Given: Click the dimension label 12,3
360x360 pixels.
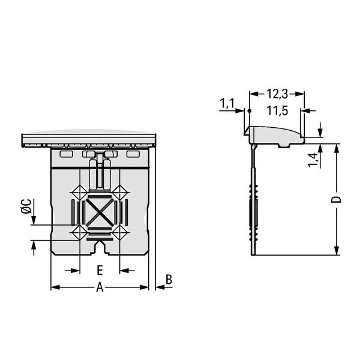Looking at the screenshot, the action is pyautogui.click(x=277, y=94).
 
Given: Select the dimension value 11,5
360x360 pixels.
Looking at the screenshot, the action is pyautogui.click(x=277, y=111).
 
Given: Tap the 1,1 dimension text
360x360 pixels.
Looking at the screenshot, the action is pyautogui.click(x=227, y=103).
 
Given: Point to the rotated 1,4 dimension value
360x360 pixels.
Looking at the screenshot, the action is pyautogui.click(x=313, y=160).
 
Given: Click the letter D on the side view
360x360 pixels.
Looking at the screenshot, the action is pyautogui.click(x=336, y=199).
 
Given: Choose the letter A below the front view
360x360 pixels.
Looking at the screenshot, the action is pyautogui.click(x=100, y=287).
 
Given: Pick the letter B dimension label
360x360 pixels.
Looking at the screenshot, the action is pyautogui.click(x=169, y=280).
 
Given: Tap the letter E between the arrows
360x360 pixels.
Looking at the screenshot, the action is pyautogui.click(x=100, y=270).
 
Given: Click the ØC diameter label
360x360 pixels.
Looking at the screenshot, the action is pyautogui.click(x=26, y=206).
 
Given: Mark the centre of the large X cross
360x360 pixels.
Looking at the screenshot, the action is pyautogui.click(x=100, y=212).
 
